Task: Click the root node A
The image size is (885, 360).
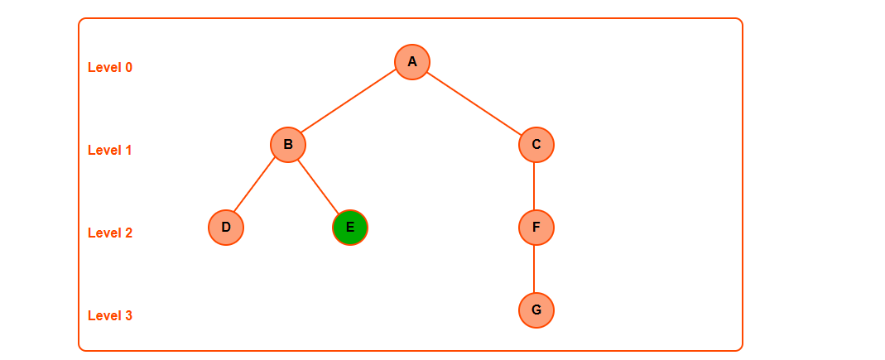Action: click(x=412, y=62)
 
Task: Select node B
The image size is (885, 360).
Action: click(x=288, y=145)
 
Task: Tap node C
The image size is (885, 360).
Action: click(x=536, y=145)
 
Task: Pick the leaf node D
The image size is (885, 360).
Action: click(x=226, y=228)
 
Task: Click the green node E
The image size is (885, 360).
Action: click(x=350, y=228)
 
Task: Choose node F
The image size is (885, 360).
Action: click(x=536, y=228)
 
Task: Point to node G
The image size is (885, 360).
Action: click(x=536, y=310)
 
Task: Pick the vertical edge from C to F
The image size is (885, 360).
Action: click(x=534, y=186)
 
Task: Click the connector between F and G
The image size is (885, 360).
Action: click(x=534, y=269)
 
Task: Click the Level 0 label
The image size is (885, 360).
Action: click(x=110, y=68)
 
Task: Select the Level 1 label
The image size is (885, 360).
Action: click(x=110, y=151)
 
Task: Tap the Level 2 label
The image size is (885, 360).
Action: click(x=110, y=233)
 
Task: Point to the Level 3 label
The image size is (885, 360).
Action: click(x=110, y=316)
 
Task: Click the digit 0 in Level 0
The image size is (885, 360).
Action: click(x=128, y=68)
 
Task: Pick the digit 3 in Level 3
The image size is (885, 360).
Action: click(x=128, y=316)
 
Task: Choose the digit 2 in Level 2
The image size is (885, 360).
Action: click(x=128, y=233)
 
